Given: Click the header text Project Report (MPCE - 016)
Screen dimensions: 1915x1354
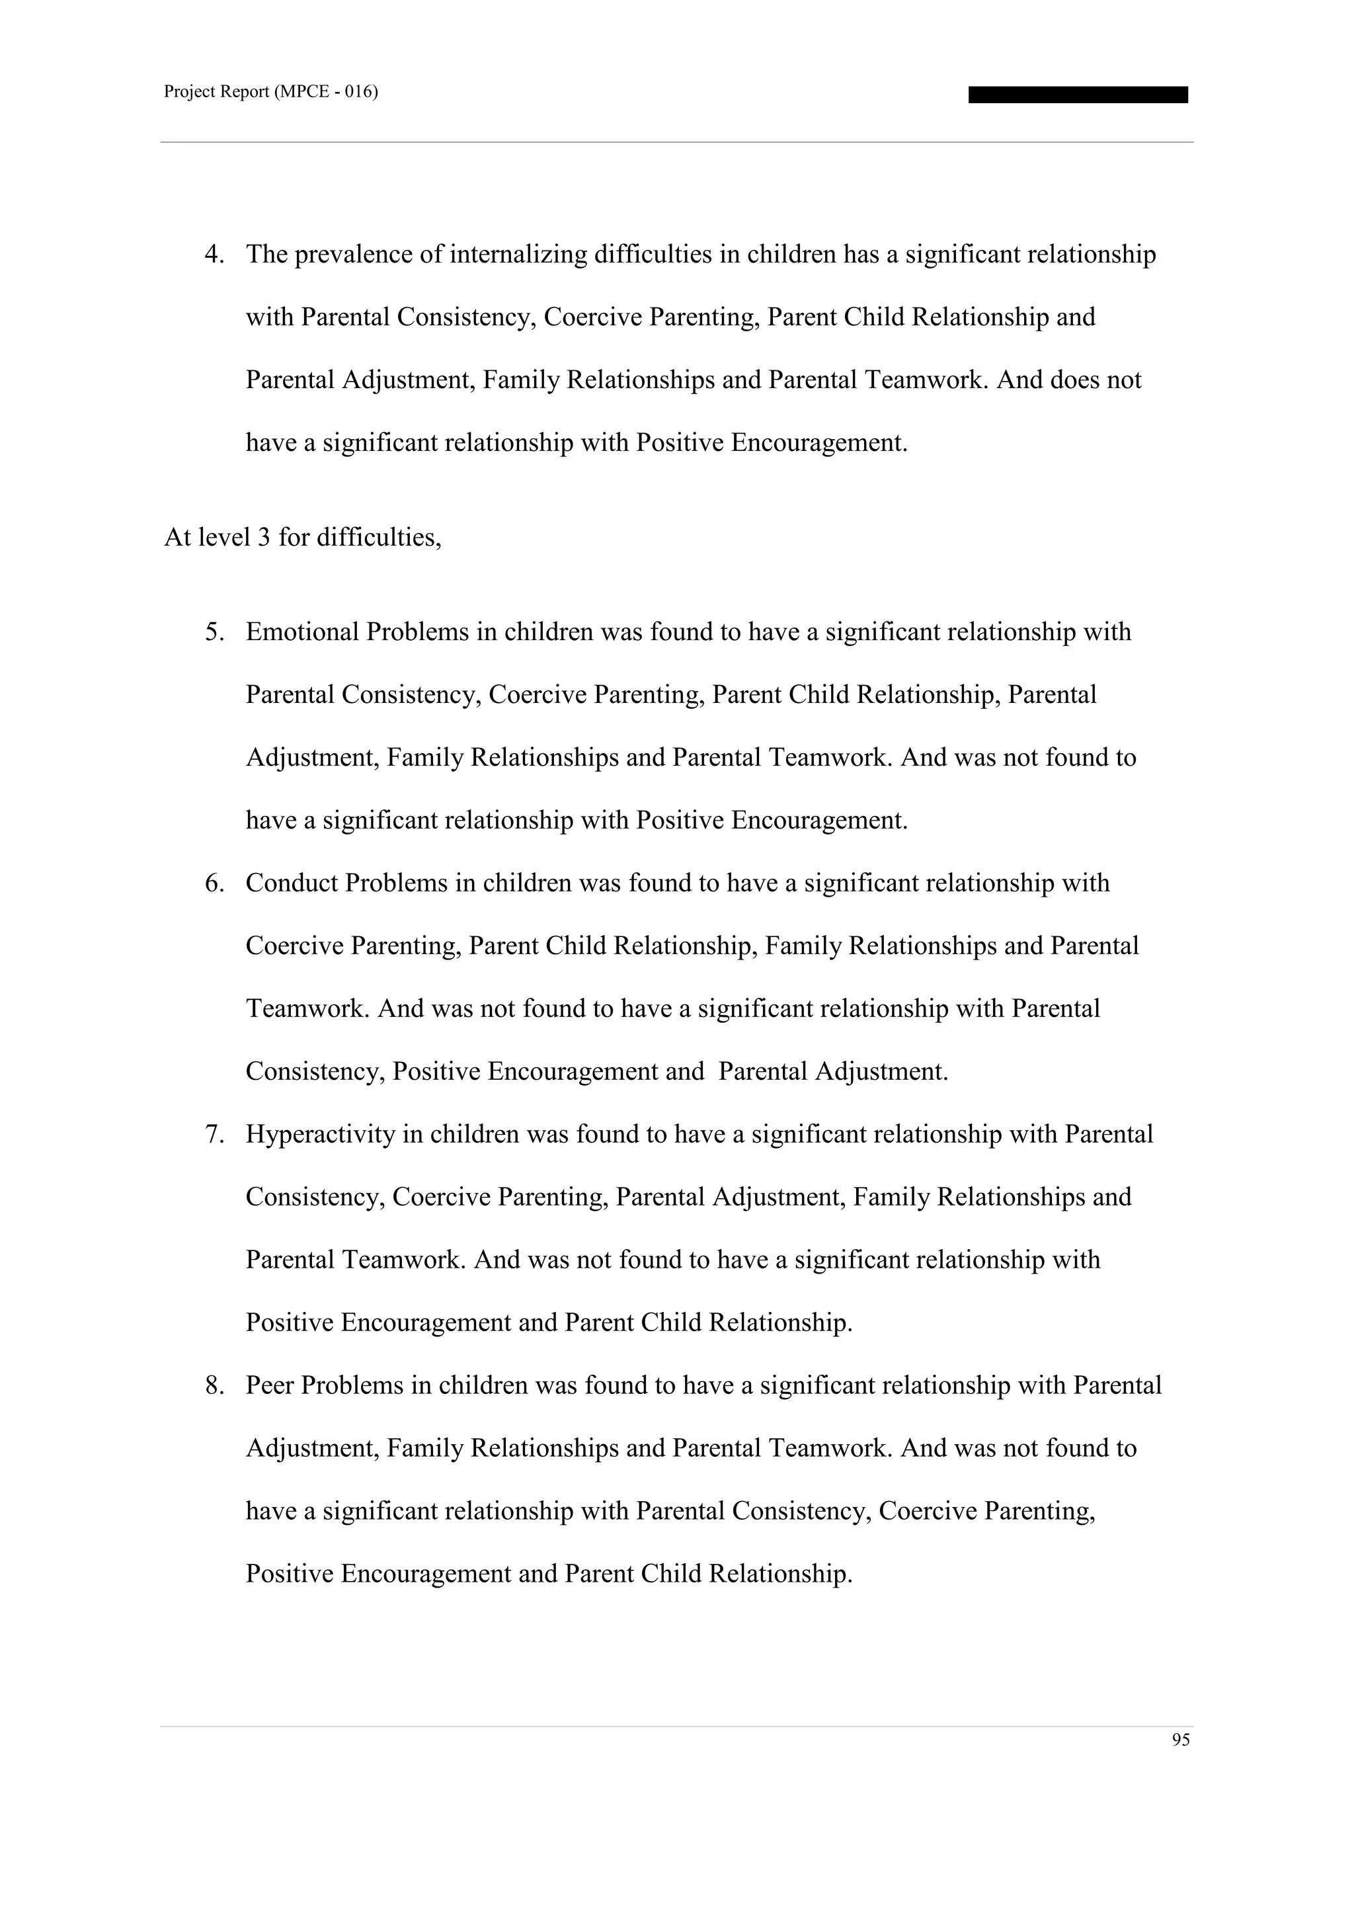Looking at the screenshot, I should point(271,93).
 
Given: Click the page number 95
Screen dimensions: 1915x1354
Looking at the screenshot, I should point(1181,1739).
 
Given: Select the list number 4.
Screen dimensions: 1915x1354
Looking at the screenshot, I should point(214,255).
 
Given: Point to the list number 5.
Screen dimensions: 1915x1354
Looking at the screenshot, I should point(214,632).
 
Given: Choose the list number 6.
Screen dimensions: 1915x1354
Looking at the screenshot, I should point(214,883).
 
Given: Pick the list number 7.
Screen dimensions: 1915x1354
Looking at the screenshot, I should point(214,1134).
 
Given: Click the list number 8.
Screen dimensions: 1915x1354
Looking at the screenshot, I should point(214,1385).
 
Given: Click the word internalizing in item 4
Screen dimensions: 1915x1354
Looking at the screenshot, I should point(518,255).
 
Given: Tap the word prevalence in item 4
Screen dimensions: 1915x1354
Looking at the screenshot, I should point(354,255).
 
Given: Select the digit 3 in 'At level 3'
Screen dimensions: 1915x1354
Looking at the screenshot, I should point(264,538).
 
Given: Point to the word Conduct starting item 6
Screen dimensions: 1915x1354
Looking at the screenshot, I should point(291,883).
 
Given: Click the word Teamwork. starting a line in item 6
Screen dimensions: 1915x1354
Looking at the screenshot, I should point(307,1009).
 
